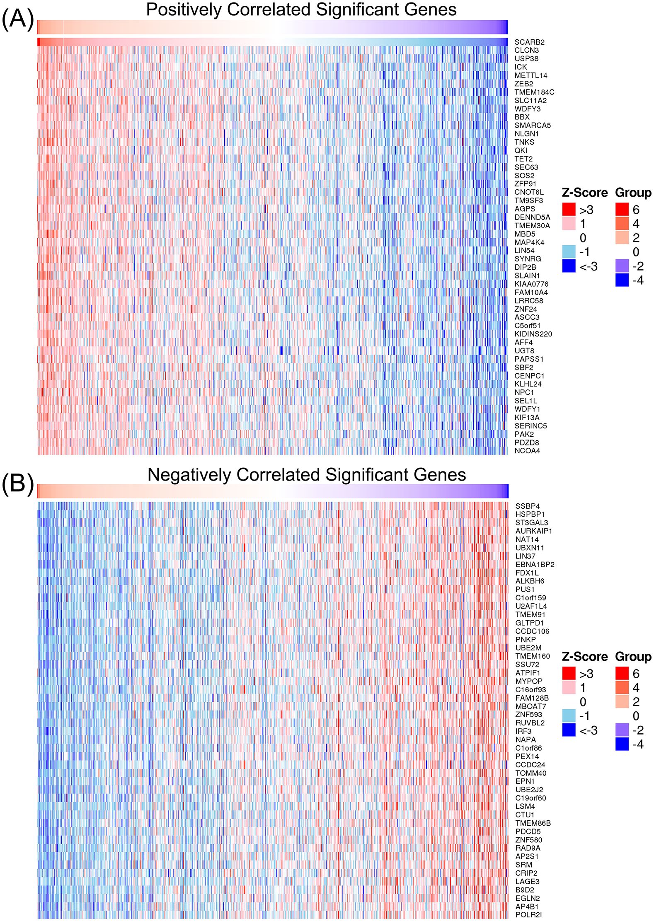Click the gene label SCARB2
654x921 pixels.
point(529,42)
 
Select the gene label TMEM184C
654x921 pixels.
point(534,92)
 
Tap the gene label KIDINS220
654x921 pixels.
point(533,334)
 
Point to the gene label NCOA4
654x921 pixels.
point(527,451)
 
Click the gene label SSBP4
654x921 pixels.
point(528,506)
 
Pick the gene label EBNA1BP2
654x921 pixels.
point(535,564)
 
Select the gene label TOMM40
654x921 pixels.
point(530,773)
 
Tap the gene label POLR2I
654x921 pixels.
point(528,915)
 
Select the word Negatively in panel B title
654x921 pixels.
point(189,475)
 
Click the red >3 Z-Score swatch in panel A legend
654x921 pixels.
point(569,209)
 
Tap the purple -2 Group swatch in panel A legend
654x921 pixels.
point(622,266)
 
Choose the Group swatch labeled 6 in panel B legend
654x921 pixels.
point(622,673)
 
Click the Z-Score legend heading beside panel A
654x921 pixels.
point(584,193)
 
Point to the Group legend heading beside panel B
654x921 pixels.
point(633,657)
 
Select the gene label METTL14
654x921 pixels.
point(530,75)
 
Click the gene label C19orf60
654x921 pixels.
point(530,798)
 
